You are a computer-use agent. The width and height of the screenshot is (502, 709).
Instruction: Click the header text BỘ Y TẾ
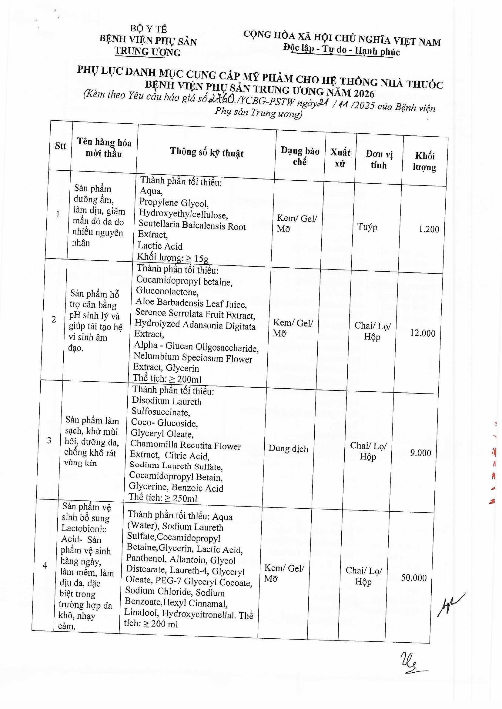148,29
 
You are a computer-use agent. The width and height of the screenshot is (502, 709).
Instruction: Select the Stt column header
61,146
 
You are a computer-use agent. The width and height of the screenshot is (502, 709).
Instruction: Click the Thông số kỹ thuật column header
207,152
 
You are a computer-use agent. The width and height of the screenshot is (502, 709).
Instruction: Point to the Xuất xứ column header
340,158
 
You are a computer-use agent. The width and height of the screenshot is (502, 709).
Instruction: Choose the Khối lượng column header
425,161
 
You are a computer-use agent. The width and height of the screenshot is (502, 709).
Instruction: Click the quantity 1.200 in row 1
429,229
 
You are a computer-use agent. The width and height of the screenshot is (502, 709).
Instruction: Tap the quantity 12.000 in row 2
423,333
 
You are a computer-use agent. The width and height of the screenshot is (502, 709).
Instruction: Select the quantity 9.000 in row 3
420,453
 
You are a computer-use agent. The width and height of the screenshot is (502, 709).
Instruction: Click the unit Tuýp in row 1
367,227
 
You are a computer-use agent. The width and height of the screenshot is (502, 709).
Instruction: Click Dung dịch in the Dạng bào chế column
288,448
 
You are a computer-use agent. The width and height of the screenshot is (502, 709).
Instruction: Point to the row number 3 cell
49,440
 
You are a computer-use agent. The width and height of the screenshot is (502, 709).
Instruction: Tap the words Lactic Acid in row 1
160,246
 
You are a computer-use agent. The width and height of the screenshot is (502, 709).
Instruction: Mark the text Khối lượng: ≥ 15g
173,257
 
